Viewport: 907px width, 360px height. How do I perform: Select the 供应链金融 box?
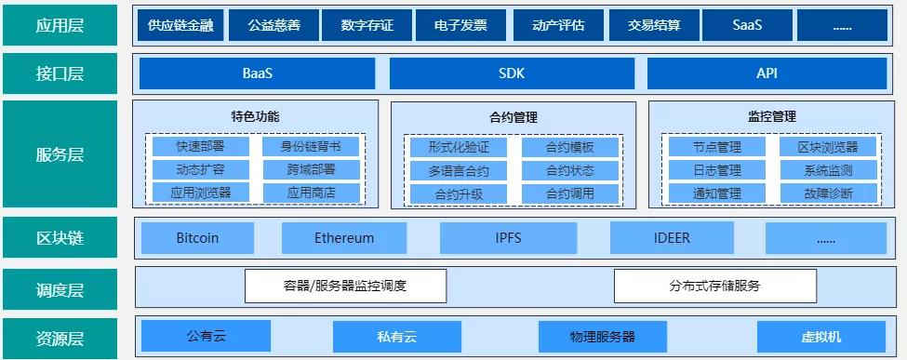180,25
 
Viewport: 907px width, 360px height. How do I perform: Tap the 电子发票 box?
460,25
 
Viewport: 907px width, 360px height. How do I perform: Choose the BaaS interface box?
257,73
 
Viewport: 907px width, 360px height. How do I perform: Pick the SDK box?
511,73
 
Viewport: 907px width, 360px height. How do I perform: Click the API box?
767,73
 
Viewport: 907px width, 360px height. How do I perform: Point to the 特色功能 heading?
255,117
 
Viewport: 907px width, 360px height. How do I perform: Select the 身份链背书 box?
311,146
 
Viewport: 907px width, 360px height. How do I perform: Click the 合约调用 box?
569,193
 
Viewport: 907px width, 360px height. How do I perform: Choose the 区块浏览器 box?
828,147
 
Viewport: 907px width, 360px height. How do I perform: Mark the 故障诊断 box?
828,193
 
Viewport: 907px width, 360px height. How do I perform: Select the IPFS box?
508,238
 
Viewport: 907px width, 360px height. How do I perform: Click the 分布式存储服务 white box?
714,286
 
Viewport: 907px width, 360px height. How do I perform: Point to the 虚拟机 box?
820,336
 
